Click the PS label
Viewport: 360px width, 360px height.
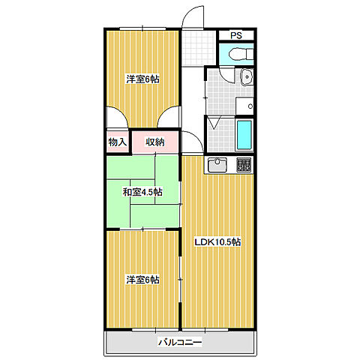[x=236, y=35]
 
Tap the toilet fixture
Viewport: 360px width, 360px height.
[x=241, y=54]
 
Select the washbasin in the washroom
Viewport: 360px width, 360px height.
[x=247, y=77]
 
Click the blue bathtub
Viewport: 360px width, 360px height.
[x=244, y=135]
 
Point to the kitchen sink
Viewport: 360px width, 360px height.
[x=217, y=165]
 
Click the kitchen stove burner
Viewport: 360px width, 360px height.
[x=244, y=165]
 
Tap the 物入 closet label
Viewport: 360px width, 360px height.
[x=118, y=142]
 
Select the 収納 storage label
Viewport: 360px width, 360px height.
[x=155, y=142]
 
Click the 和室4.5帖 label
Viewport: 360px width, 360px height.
[x=142, y=192]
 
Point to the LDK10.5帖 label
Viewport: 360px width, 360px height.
[x=217, y=242]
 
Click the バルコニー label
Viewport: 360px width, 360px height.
[x=180, y=342]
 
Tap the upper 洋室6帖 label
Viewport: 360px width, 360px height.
[x=142, y=79]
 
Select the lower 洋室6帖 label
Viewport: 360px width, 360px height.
[x=142, y=280]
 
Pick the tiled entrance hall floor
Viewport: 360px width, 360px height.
[x=199, y=48]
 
